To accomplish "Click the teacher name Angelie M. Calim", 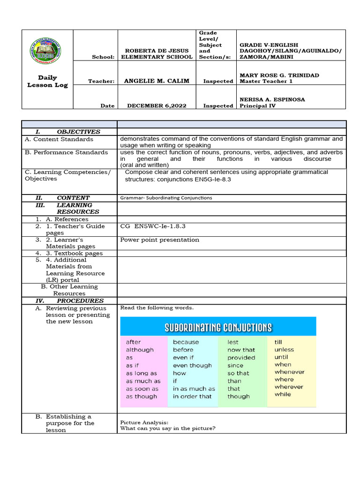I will [x=157, y=81].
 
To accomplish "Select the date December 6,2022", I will [x=157, y=105].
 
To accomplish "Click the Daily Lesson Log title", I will [x=47, y=81].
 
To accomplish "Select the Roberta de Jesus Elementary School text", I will [x=157, y=53].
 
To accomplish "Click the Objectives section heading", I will [x=78, y=132].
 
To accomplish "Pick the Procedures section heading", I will [x=80, y=300].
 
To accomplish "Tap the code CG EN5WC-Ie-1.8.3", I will [x=153, y=226].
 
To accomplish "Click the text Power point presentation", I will [x=160, y=240].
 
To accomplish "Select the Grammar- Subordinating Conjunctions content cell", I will [x=166, y=198].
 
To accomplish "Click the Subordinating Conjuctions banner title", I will [x=218, y=327].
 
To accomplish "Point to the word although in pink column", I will [x=140, y=350].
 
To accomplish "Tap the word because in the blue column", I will [x=186, y=342].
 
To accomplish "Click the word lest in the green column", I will [x=233, y=342].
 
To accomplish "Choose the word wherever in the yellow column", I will [x=289, y=387].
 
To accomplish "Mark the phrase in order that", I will [x=192, y=396].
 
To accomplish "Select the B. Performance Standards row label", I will [x=66, y=152].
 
